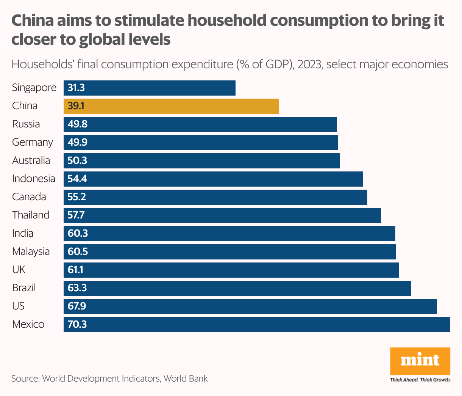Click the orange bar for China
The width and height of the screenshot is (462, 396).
pyautogui.click(x=171, y=106)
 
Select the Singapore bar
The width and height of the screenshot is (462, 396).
pyautogui.click(x=150, y=88)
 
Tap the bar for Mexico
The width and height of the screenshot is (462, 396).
pyautogui.click(x=257, y=325)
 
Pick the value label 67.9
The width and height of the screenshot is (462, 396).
pyautogui.click(x=77, y=306)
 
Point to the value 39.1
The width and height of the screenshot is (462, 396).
pyautogui.click(x=76, y=106)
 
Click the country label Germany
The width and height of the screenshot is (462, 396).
pyautogui.click(x=33, y=142)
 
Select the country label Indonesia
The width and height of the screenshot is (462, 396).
pyautogui.click(x=34, y=179)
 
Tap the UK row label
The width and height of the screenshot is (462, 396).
pyautogui.click(x=19, y=270)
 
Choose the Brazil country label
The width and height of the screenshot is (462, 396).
pyautogui.click(x=24, y=288)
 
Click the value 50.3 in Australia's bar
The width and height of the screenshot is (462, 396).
pyautogui.click(x=77, y=160)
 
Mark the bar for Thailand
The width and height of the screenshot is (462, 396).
pyautogui.click(x=222, y=215)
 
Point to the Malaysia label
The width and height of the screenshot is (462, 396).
pyautogui.click(x=31, y=251)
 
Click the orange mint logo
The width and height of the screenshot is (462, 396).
pyautogui.click(x=420, y=361)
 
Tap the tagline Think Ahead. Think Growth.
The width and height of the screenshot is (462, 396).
pyautogui.click(x=420, y=380)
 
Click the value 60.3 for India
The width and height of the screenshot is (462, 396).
pyautogui.click(x=78, y=233)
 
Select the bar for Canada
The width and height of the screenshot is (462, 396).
pyautogui.click(x=215, y=197)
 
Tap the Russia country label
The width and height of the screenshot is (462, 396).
pyautogui.click(x=26, y=124)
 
